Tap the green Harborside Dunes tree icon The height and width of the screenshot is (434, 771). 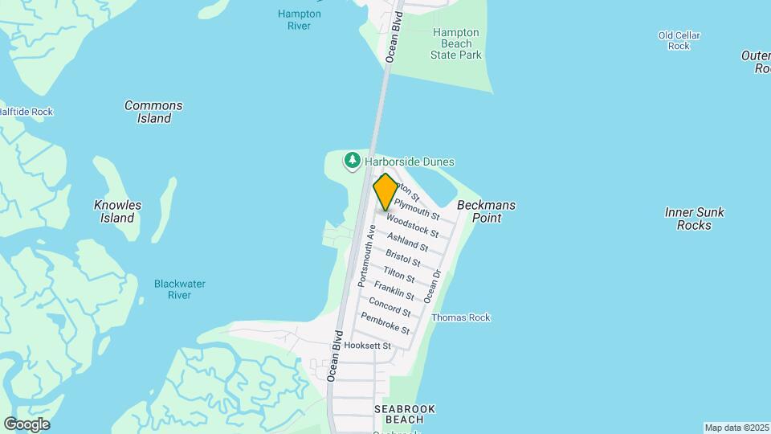[x=352, y=162]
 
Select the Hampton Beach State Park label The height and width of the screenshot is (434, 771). [x=456, y=44]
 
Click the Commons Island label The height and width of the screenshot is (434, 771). [x=153, y=112]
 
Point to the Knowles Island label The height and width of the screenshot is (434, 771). [x=117, y=211]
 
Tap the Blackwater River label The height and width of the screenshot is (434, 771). [x=180, y=289]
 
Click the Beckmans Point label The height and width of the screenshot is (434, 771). [x=486, y=211]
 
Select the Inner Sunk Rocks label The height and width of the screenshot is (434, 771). [x=694, y=219]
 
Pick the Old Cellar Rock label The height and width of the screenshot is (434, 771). [x=679, y=40]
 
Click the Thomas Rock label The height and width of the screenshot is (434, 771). [x=460, y=317]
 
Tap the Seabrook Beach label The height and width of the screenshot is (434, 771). [x=405, y=414]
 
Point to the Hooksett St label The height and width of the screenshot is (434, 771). [x=366, y=346]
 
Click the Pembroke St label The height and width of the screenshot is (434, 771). [x=385, y=324]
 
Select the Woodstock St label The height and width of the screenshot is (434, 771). [x=412, y=225]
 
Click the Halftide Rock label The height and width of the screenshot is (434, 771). [x=27, y=112]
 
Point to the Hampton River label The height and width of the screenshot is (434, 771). [x=299, y=19]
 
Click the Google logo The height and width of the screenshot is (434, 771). [x=27, y=424]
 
